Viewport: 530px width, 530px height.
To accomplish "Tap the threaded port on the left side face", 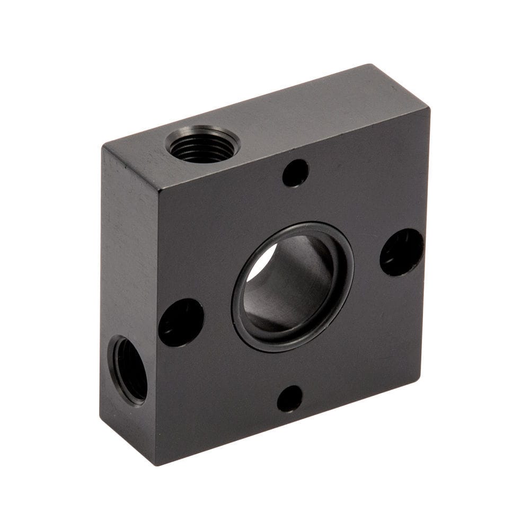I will click(128, 369).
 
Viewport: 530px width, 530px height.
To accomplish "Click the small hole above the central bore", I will click(295, 173).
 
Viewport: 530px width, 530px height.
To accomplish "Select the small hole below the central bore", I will click(289, 399).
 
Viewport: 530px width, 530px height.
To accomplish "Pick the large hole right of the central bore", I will click(402, 252).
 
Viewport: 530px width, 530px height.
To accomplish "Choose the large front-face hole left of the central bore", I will click(181, 322).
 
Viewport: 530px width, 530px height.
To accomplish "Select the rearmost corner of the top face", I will click(370, 65).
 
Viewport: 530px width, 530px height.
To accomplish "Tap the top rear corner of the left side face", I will click(102, 145).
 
